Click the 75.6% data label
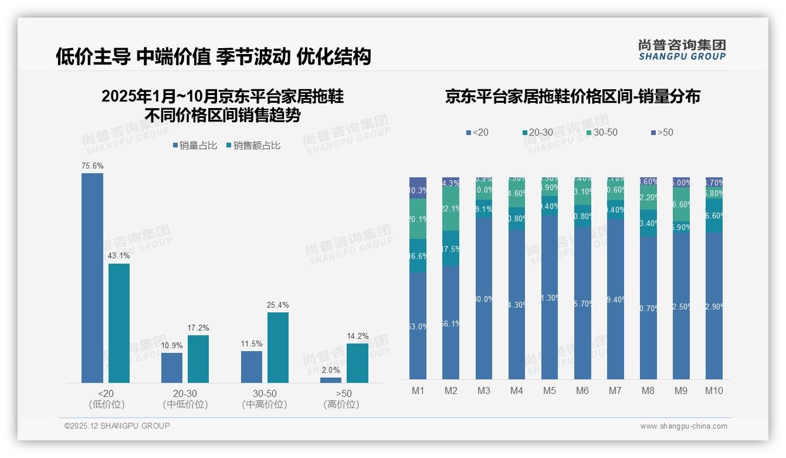click(x=92, y=166)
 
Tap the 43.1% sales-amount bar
click(x=119, y=323)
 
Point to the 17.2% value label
click(x=198, y=328)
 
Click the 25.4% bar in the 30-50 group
click(x=278, y=348)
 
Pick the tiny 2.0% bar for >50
click(x=331, y=380)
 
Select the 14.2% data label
click(x=358, y=336)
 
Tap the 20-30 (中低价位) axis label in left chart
click(x=185, y=399)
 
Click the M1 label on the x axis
click(x=418, y=391)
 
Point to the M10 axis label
click(x=714, y=391)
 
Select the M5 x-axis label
click(x=549, y=391)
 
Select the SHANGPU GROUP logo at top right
click(x=682, y=50)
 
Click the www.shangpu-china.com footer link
click(x=683, y=426)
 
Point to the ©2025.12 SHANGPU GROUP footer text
click(x=117, y=426)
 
